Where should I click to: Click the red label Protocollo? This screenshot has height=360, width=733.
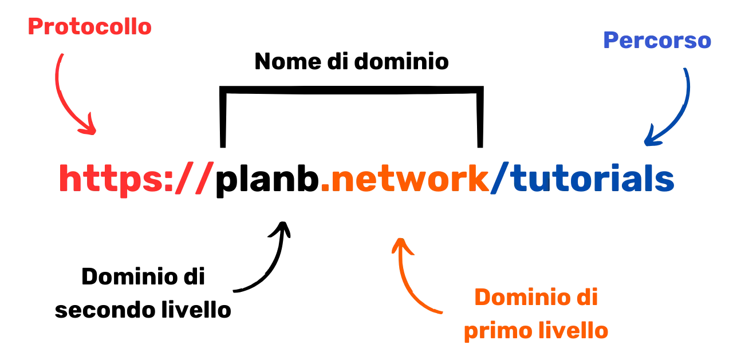[90, 27]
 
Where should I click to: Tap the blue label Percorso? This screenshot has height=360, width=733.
[657, 41]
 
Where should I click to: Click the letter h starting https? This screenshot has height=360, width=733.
[69, 179]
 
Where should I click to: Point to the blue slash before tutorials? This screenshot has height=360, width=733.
[500, 179]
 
